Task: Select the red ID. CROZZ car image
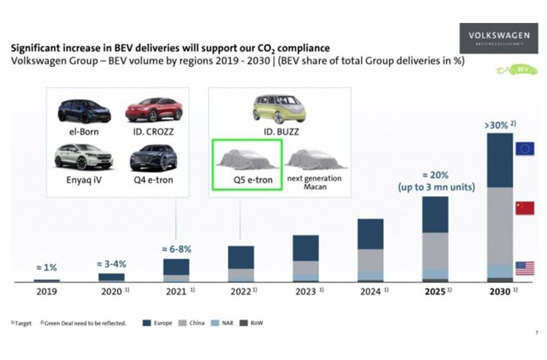point(153,111)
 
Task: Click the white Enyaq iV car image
point(83,157)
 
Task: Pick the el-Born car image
point(84,111)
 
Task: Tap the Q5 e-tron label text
point(247,180)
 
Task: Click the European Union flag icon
point(525,148)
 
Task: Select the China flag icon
point(525,208)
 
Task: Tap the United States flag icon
point(525,268)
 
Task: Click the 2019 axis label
point(46,292)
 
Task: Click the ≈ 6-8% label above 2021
point(176,250)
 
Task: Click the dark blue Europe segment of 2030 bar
point(500,160)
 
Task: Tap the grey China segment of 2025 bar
point(435,250)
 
